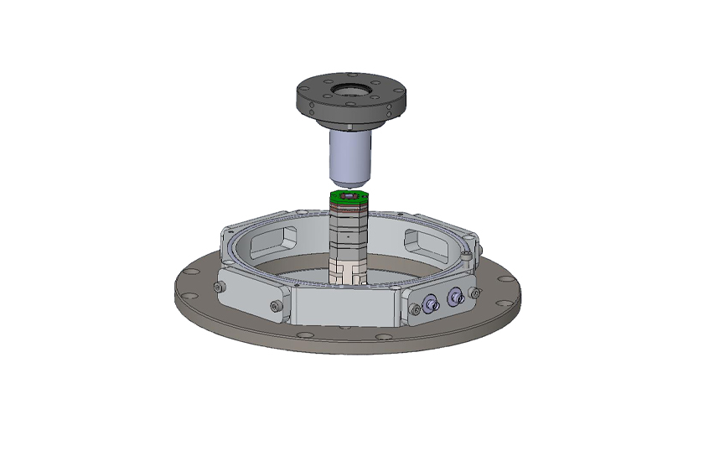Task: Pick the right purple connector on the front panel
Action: click(455, 296)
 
